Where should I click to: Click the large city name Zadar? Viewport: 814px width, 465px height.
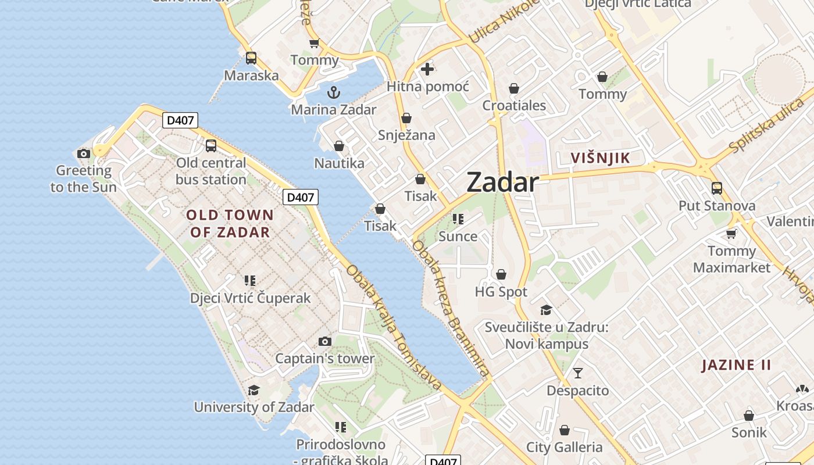502,182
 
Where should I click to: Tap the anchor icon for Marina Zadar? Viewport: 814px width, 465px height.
334,92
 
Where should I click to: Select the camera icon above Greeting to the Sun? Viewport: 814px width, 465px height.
84,153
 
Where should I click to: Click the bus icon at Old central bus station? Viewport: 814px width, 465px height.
211,145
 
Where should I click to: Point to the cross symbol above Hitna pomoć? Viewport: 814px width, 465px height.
427,69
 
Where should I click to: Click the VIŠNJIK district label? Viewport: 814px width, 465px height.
601,158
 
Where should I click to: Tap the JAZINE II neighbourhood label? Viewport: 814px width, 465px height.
736,365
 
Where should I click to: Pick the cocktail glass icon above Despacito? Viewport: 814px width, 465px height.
578,373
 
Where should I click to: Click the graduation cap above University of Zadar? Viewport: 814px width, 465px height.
254,390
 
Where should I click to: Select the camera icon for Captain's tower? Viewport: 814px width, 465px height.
325,341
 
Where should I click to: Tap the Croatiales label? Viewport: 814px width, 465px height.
514,106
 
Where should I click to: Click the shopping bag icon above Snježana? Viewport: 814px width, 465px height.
406,118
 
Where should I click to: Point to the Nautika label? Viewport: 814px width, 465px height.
339,163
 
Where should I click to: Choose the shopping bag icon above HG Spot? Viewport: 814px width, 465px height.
501,274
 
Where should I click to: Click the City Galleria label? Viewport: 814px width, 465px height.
564,447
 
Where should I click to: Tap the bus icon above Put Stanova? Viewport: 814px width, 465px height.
717,188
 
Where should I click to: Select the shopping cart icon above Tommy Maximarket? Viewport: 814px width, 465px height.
731,234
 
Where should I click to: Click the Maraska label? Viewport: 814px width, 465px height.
251,76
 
